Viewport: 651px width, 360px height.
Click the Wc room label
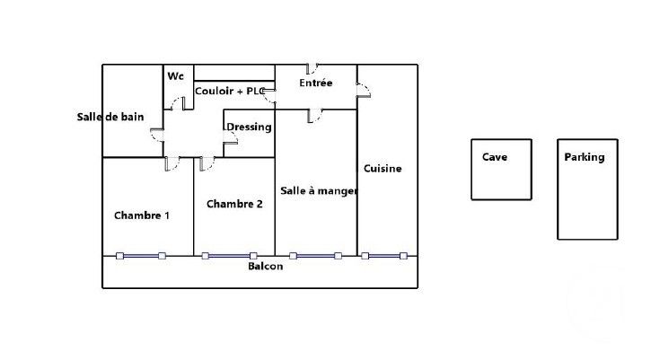pyautogui.click(x=175, y=76)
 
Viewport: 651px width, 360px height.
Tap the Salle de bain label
pyautogui.click(x=110, y=117)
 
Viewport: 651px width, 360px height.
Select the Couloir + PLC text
pyautogui.click(x=230, y=91)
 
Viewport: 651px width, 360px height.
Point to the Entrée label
pyautogui.click(x=315, y=83)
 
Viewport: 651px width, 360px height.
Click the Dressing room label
pyautogui.click(x=249, y=127)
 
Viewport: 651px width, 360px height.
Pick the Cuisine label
pyautogui.click(x=383, y=169)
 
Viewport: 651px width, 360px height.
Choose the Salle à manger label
pyautogui.click(x=319, y=191)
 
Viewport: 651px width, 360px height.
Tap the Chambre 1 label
pyautogui.click(x=142, y=215)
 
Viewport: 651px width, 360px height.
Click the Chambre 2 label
pyautogui.click(x=234, y=204)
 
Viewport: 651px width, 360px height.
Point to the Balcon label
pyautogui.click(x=266, y=266)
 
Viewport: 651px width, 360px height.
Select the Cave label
pyautogui.click(x=495, y=157)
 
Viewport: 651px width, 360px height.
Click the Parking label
pyautogui.click(x=585, y=157)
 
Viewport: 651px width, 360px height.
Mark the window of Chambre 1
pyautogui.click(x=141, y=256)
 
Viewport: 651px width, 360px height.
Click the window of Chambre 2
pyautogui.click(x=229, y=256)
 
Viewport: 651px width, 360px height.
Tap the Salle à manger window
pyautogui.click(x=315, y=256)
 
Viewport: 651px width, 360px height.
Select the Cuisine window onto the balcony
pyautogui.click(x=384, y=256)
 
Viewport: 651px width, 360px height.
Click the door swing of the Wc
pyautogui.click(x=178, y=103)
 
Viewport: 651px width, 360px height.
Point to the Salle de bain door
pyautogui.click(x=157, y=136)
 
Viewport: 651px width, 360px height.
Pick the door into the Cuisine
pyautogui.click(x=364, y=91)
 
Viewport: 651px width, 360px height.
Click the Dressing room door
pyautogui.click(x=231, y=137)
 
